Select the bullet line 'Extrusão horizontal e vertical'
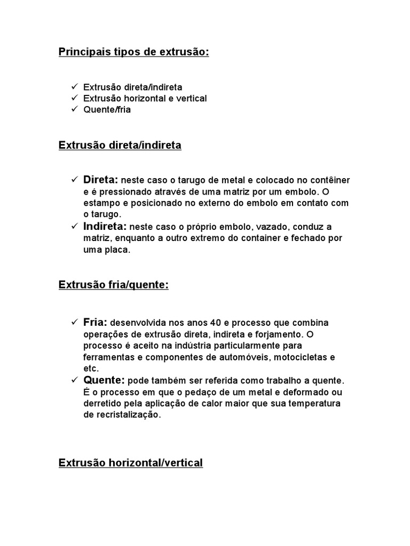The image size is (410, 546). [145, 98]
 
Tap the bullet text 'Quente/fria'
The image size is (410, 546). [107, 110]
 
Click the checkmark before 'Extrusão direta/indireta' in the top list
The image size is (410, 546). [74, 86]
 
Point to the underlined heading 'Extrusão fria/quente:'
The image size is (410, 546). [113, 285]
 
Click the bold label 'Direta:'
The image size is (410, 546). [101, 180]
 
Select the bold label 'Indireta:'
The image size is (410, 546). [105, 226]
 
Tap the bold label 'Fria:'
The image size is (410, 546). [96, 323]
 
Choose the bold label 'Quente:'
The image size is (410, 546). [104, 380]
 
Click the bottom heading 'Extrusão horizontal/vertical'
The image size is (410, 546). [130, 463]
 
